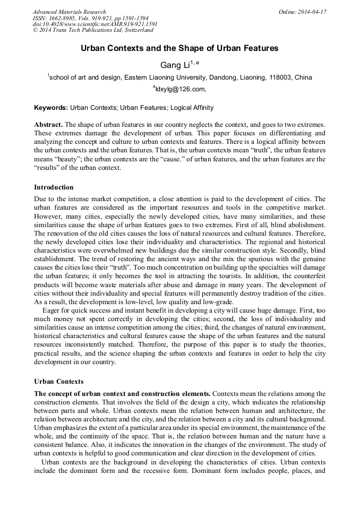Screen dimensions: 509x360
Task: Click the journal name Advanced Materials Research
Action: tap(69, 12)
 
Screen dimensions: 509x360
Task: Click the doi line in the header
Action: tap(95, 24)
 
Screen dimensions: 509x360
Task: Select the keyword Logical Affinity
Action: tap(192, 108)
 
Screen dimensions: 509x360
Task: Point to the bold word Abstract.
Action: tap(48, 124)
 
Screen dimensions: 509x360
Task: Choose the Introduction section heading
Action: tap(54, 187)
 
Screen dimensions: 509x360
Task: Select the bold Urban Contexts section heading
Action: tap(58, 382)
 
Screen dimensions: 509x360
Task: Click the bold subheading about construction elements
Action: tap(122, 393)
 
